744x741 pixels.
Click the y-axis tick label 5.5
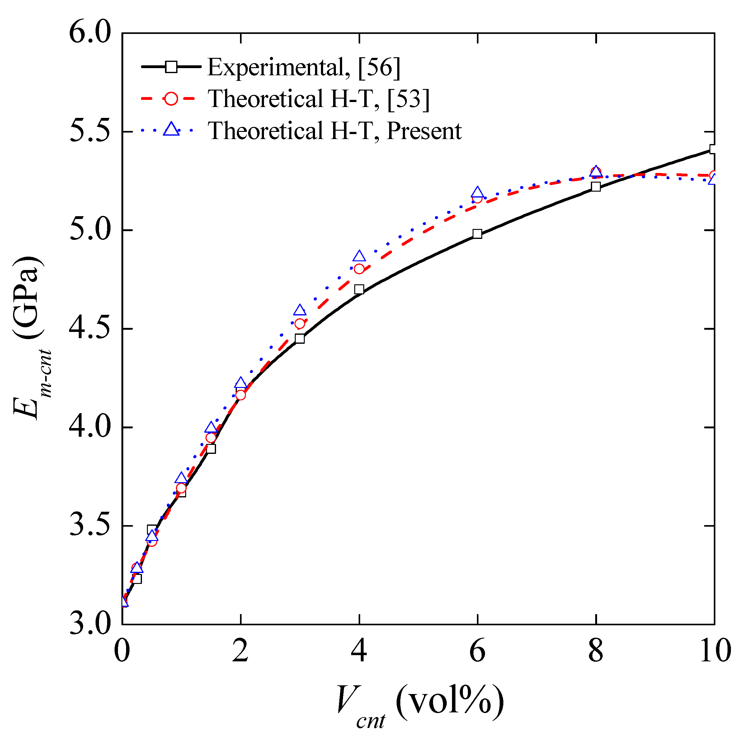90,132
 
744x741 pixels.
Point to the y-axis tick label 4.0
90,427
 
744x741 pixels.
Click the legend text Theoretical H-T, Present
335,131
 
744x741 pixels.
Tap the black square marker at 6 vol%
477,234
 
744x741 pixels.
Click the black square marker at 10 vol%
713,149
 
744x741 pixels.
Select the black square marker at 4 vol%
359,289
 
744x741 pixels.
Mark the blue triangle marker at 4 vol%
359,256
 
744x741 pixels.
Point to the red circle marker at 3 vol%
299,324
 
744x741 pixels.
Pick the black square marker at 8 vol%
596,187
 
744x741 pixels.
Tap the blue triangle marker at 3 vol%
299,310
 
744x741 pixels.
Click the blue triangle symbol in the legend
171,129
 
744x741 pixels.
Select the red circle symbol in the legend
171,99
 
